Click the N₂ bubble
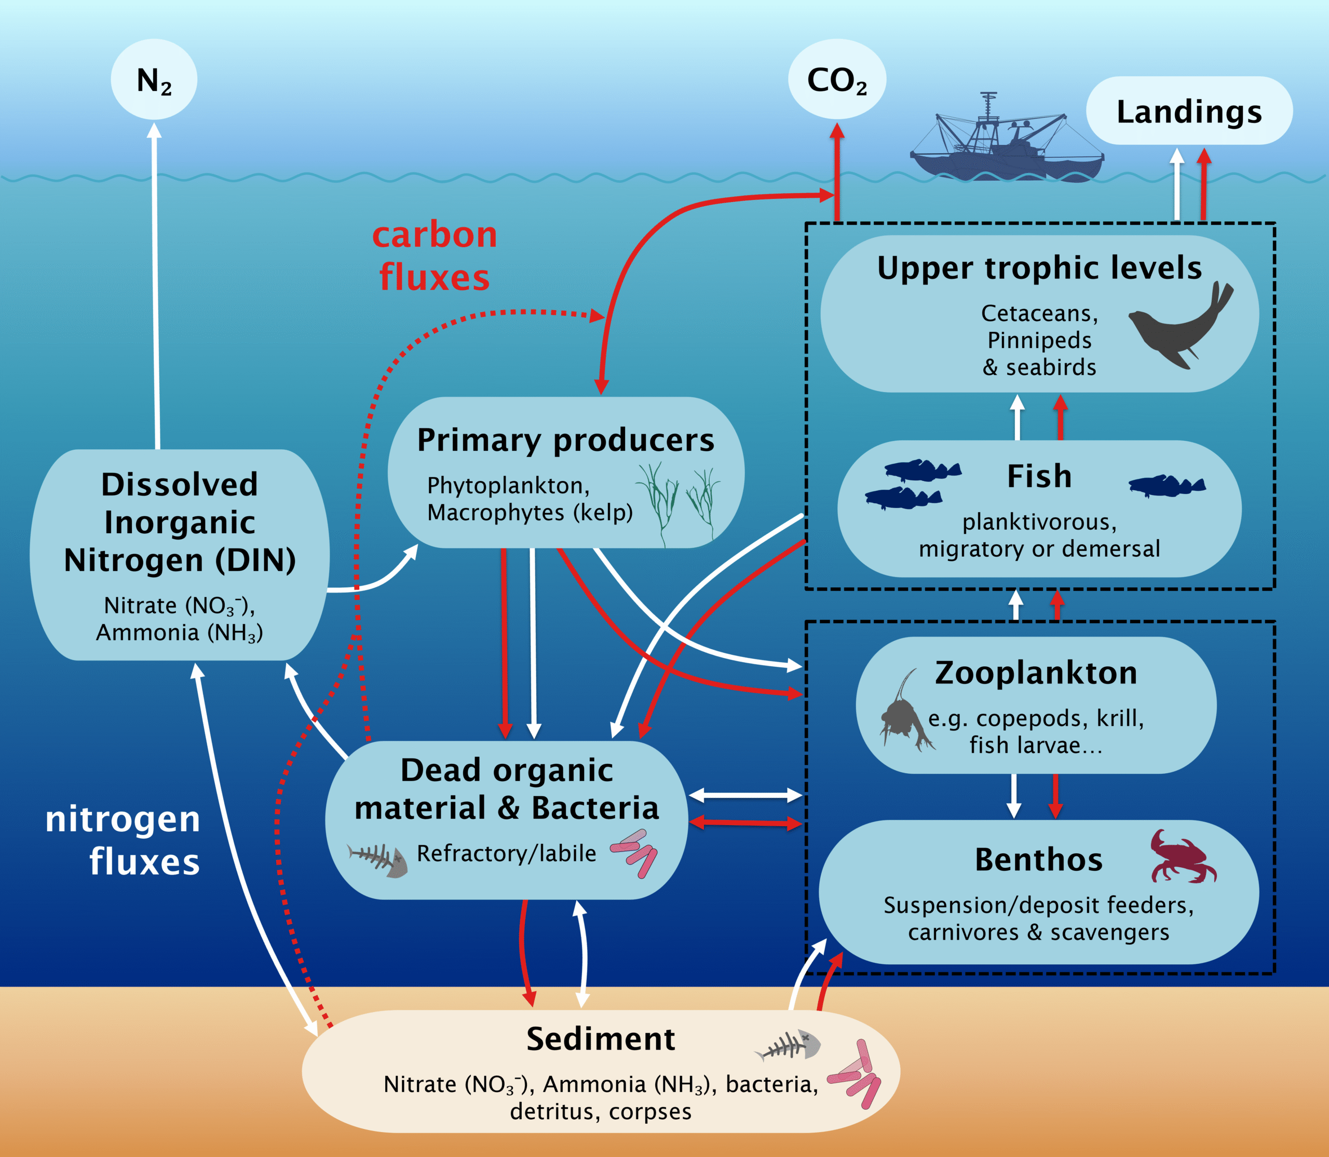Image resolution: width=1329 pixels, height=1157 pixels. [x=154, y=80]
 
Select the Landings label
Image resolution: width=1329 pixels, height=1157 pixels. [x=1189, y=112]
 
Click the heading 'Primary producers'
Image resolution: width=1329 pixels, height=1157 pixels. [x=565, y=440]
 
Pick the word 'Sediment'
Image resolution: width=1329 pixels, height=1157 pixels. [x=600, y=1039]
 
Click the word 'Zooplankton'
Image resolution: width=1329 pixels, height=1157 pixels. [x=1036, y=673]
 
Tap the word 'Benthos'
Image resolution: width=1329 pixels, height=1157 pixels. [x=1039, y=860]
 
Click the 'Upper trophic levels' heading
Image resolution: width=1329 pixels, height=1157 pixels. [x=1039, y=268]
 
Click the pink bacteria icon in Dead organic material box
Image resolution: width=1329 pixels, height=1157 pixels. [x=634, y=853]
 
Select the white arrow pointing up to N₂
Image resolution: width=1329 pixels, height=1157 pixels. [x=156, y=284]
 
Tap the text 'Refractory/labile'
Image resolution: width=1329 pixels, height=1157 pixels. [x=507, y=854]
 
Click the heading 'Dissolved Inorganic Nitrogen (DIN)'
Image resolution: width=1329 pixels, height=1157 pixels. [x=180, y=522]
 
